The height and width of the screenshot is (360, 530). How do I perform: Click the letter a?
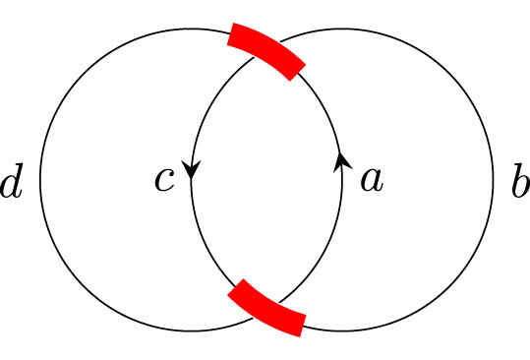tap(370, 180)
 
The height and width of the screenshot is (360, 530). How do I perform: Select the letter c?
tap(163, 180)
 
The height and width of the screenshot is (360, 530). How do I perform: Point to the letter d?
tap(12, 185)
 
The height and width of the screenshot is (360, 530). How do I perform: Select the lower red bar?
tap(267, 309)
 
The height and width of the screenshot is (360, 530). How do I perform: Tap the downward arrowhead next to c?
tap(191, 170)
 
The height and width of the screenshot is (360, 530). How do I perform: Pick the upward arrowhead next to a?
tap(342, 161)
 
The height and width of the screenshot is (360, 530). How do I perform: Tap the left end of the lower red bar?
tap(235, 292)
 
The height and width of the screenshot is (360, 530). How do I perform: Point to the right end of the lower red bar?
tap(301, 326)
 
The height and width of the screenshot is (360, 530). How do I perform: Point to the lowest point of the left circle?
tap(191, 331)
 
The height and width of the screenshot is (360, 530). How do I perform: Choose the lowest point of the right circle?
tap(342, 331)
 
